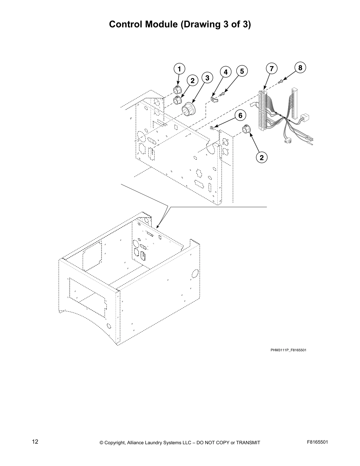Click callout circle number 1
click(x=179, y=69)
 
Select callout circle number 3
click(x=207, y=78)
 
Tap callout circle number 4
click(x=226, y=72)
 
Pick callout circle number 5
click(x=242, y=71)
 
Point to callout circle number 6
click(x=240, y=116)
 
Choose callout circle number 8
click(x=300, y=68)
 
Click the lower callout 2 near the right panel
click(x=261, y=157)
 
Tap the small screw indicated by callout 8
click(x=281, y=81)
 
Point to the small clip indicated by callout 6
click(x=211, y=128)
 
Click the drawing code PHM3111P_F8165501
click(x=288, y=350)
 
